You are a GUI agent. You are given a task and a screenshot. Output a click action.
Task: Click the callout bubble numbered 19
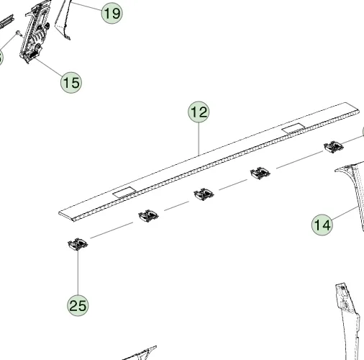(x=112, y=13)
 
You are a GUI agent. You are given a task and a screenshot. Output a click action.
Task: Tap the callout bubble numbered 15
(x=71, y=82)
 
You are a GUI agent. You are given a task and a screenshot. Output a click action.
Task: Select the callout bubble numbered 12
(x=199, y=112)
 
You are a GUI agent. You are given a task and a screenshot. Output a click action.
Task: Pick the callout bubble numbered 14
(x=322, y=225)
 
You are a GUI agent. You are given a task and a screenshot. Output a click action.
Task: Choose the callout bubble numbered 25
(x=78, y=305)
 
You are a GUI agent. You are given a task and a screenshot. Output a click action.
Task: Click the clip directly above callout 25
(x=78, y=244)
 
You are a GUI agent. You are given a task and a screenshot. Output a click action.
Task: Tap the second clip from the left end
(x=148, y=216)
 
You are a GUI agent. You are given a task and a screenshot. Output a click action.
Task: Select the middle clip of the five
(x=204, y=194)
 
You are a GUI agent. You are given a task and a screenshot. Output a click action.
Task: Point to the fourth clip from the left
(x=260, y=173)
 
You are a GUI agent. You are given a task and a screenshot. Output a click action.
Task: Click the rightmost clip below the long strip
(x=334, y=147)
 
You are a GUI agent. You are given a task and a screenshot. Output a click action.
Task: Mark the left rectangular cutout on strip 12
(x=124, y=192)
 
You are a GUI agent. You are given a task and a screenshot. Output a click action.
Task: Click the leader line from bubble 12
(x=199, y=139)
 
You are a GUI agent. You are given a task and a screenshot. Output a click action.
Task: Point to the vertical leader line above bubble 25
(x=78, y=273)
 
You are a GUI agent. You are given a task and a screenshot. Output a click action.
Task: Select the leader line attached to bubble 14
(x=344, y=213)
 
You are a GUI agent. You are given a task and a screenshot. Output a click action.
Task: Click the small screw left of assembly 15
(x=19, y=33)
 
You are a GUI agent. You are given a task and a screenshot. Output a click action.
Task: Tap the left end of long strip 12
(x=59, y=213)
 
